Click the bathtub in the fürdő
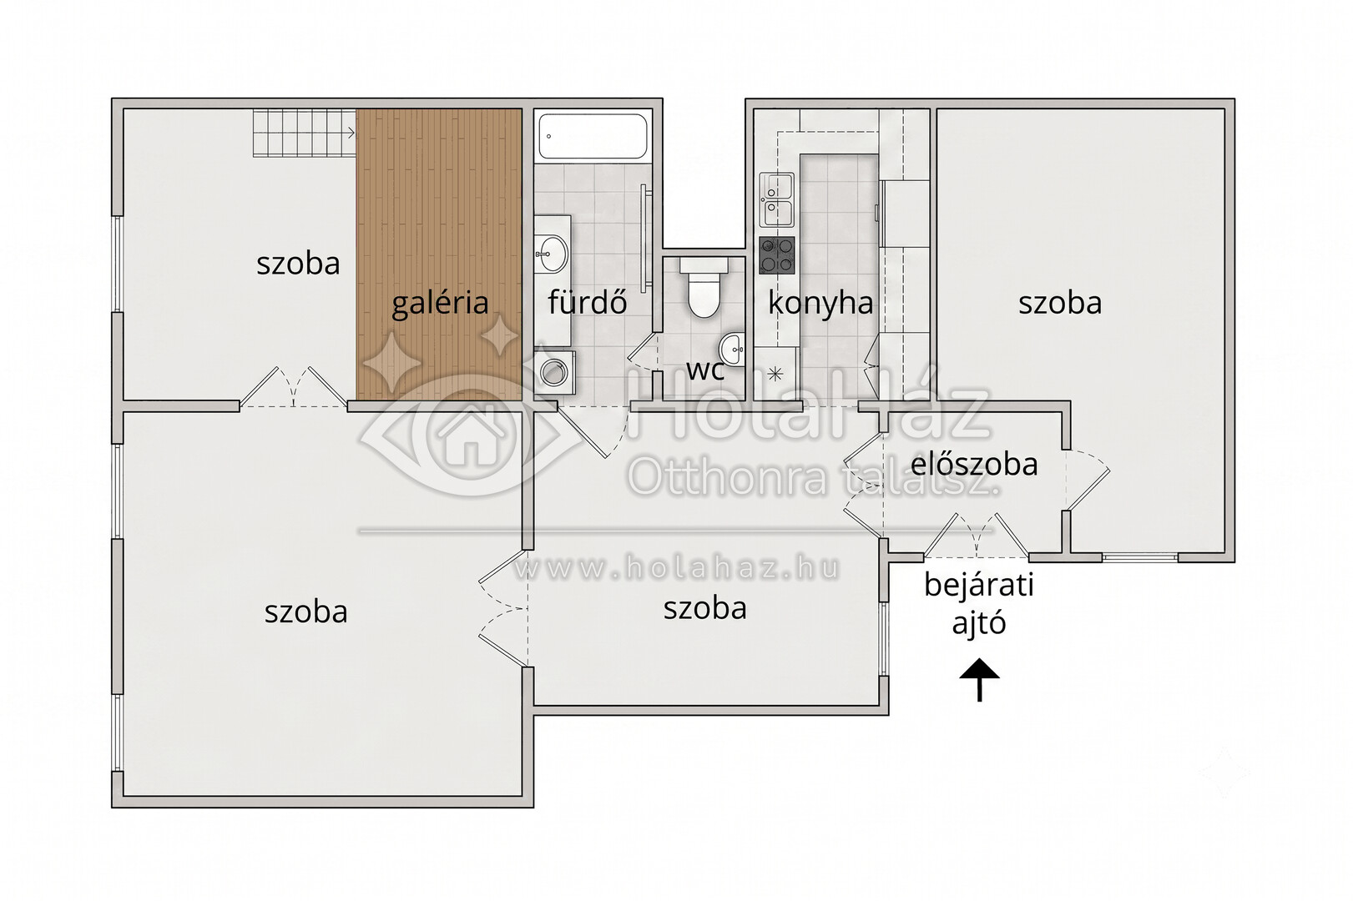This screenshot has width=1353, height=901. pyautogui.click(x=593, y=136)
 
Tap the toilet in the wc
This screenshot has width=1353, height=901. pyautogui.click(x=704, y=288)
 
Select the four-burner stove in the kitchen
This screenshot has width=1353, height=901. pyautogui.click(x=777, y=254)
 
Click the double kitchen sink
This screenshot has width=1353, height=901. pyautogui.click(x=777, y=200)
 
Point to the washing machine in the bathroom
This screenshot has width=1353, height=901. pyautogui.click(x=554, y=372)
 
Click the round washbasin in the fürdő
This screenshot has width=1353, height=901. pyautogui.click(x=552, y=254)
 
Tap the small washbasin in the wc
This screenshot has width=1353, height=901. pyautogui.click(x=732, y=349)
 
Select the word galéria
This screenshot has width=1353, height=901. pyautogui.click(x=440, y=302)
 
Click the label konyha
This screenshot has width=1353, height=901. pyautogui.click(x=820, y=302)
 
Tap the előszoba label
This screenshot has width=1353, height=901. pyautogui.click(x=974, y=464)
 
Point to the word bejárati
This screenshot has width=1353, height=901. pyautogui.click(x=978, y=585)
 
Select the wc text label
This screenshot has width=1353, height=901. pyautogui.click(x=705, y=370)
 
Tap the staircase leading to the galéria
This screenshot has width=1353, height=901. pyautogui.click(x=304, y=133)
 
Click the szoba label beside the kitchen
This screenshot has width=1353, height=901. pyautogui.click(x=1060, y=303)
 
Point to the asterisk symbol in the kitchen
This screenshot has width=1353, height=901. pyautogui.click(x=775, y=375)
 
